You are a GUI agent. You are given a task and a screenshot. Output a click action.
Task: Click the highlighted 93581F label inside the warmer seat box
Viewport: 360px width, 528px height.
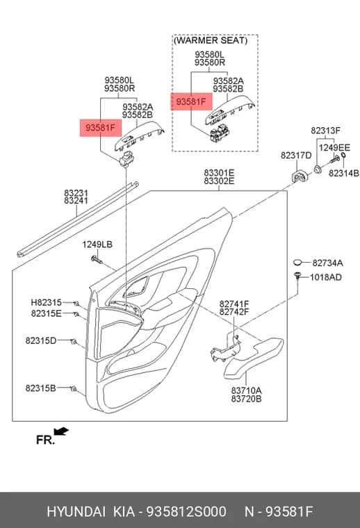[x=191, y=101]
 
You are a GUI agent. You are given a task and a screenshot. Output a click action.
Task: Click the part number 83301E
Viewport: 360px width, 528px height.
[x=219, y=173]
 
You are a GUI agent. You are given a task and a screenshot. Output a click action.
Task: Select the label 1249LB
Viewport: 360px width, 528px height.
[x=97, y=245]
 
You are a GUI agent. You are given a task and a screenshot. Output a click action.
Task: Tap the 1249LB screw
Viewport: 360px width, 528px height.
[x=96, y=259]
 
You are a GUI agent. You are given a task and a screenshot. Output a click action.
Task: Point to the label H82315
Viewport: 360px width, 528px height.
[x=47, y=302]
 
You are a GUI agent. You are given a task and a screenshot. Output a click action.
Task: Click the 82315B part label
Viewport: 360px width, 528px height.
[x=41, y=388]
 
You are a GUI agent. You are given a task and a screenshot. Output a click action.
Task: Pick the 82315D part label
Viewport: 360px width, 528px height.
[x=41, y=341]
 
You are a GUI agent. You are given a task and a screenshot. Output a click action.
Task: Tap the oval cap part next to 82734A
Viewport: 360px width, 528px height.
[x=297, y=263]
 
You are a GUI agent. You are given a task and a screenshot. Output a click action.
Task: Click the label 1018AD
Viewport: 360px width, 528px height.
[x=326, y=277]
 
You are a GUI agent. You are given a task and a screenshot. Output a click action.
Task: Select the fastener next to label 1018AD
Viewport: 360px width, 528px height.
[x=297, y=275]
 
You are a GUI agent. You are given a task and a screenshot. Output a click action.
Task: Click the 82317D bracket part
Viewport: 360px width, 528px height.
[x=299, y=176]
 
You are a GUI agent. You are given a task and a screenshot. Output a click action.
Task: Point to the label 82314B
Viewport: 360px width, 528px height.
[x=344, y=173]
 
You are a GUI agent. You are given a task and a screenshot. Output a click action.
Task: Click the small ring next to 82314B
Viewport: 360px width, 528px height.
[x=343, y=155]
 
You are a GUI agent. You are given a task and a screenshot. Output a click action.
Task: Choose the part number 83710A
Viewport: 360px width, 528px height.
[x=246, y=390]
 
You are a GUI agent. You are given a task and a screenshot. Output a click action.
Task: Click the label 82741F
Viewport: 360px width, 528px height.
[x=234, y=304]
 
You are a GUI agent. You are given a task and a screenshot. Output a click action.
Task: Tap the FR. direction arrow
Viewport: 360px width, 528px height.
[x=61, y=431]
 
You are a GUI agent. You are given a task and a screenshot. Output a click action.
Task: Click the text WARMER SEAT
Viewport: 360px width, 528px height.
[x=211, y=41]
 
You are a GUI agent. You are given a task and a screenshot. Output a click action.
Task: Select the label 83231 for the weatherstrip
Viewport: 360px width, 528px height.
[x=76, y=193]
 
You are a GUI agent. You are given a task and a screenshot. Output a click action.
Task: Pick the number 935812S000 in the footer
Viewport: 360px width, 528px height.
[x=186, y=511]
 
